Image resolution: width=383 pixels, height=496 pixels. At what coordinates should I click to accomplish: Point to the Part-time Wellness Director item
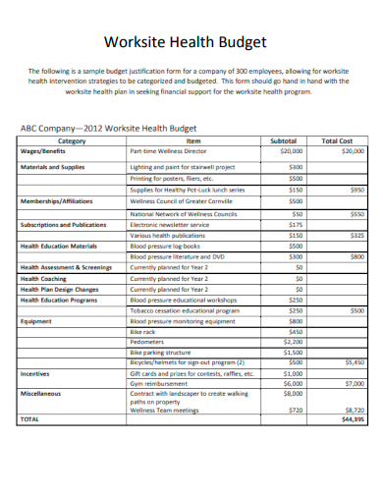[x=168, y=152]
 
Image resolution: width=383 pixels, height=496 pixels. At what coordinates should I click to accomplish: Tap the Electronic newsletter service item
[x=170, y=224]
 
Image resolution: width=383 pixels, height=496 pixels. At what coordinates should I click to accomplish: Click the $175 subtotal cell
[x=296, y=224]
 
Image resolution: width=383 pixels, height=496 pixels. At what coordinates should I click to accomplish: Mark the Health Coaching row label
[x=44, y=279]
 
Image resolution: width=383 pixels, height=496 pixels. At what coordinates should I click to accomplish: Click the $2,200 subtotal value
[x=293, y=341]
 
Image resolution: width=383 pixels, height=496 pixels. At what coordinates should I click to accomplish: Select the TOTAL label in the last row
[x=31, y=418]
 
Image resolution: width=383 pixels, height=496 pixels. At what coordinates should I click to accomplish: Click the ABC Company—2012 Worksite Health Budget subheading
[x=109, y=129]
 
